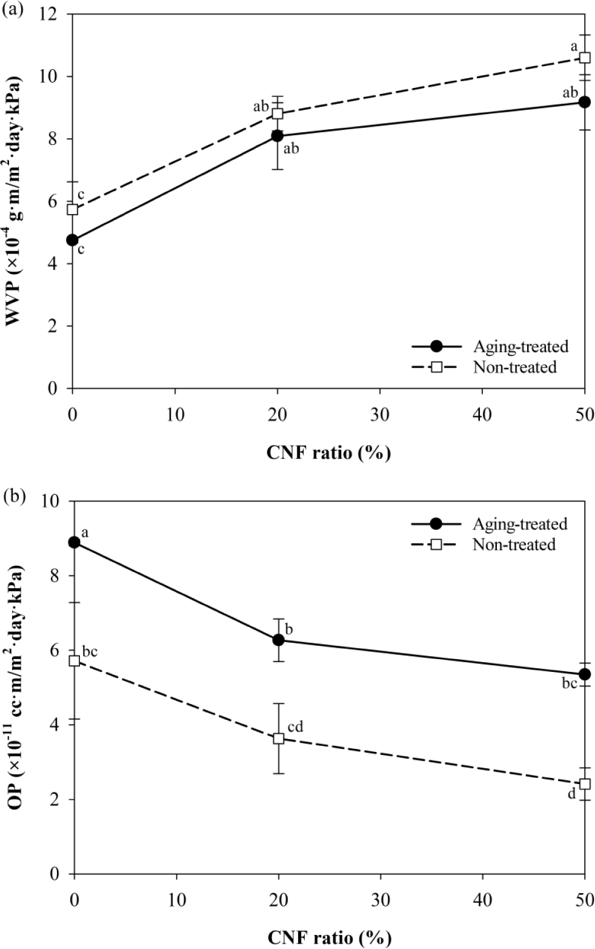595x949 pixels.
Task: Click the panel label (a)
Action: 13,10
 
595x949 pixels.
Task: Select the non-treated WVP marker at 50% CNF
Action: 585,58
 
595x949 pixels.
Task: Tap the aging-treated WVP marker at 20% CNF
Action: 278,136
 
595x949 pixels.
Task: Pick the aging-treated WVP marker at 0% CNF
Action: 73,240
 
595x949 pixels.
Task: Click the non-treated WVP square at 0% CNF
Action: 73,209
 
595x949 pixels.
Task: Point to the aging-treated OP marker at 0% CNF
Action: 75,542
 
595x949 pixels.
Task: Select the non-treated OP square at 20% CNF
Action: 279,738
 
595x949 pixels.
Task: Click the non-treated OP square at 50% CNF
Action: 585,784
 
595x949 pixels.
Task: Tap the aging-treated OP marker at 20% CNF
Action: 279,640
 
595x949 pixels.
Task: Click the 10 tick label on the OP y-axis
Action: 55,501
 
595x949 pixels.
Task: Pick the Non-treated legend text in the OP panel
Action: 514,545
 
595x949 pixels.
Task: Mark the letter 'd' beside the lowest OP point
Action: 571,793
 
